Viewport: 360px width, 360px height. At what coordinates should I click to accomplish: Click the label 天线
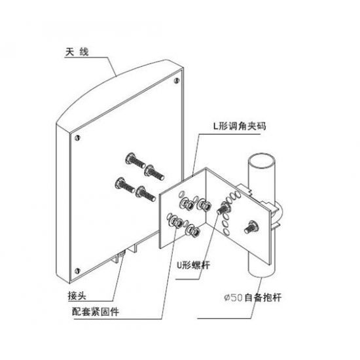click(x=77, y=52)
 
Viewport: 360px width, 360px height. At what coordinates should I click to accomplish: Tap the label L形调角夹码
click(x=240, y=126)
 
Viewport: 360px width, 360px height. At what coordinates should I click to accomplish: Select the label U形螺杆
click(x=193, y=265)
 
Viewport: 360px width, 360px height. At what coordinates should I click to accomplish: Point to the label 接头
click(x=77, y=296)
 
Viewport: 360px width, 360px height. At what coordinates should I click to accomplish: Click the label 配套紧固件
click(x=96, y=312)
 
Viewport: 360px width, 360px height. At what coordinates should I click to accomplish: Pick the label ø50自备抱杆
click(x=253, y=298)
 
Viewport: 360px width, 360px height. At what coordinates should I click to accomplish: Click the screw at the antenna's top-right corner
click(x=176, y=81)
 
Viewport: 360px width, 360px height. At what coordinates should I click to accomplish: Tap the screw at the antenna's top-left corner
click(x=78, y=137)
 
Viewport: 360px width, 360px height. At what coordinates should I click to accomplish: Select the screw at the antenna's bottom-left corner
click(x=78, y=270)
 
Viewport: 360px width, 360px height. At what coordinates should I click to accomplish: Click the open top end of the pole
click(x=261, y=159)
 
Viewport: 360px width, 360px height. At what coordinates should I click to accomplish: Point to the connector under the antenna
click(x=121, y=254)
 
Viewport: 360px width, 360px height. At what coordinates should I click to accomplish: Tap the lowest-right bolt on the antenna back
click(x=146, y=194)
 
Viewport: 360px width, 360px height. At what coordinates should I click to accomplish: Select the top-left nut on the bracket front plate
click(x=185, y=203)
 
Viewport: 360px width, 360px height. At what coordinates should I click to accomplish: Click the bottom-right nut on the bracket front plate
click(x=193, y=232)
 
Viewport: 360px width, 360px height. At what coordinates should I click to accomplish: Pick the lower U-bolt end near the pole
click(x=251, y=227)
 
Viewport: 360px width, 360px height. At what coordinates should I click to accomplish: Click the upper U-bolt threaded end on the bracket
click(x=223, y=207)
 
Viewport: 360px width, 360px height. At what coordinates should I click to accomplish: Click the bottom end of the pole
click(x=261, y=274)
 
